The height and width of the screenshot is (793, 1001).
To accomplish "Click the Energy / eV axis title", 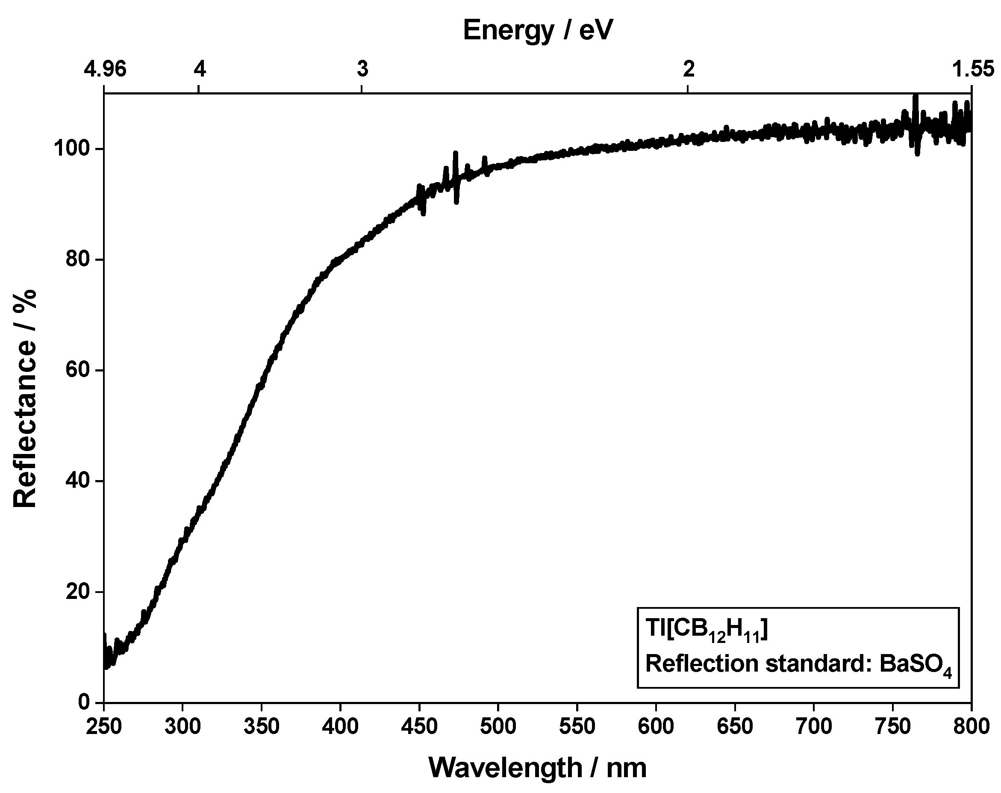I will click(x=537, y=31).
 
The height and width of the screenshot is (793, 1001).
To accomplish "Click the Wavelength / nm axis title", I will click(x=537, y=767).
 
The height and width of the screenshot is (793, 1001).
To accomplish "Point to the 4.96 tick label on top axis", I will click(x=105, y=69).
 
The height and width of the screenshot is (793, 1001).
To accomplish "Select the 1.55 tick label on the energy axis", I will click(x=973, y=69).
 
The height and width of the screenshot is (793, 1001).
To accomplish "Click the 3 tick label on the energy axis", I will click(x=362, y=69).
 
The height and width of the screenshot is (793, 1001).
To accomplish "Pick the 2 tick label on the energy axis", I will click(x=689, y=69).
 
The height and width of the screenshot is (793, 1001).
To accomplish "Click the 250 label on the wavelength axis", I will click(x=104, y=726).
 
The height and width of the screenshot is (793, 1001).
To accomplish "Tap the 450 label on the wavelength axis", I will click(x=420, y=726).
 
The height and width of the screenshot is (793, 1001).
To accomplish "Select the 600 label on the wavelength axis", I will click(x=656, y=726).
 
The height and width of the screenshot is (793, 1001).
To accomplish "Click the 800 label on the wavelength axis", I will click(x=972, y=726).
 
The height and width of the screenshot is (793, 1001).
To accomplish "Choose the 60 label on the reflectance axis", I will click(x=77, y=371).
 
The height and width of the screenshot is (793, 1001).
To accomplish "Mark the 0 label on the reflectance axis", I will click(x=84, y=702).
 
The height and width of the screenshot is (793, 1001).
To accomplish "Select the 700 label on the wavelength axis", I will click(x=813, y=726).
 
